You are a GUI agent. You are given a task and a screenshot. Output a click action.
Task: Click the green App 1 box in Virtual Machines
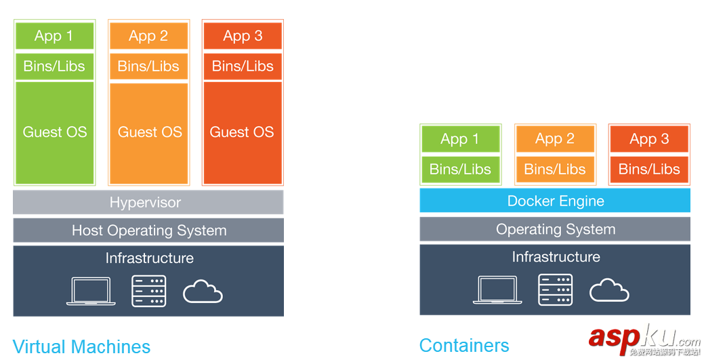tap(54, 36)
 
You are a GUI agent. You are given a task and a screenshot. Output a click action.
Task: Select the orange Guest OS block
tap(149, 133)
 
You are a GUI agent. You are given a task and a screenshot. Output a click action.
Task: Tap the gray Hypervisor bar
tap(148, 202)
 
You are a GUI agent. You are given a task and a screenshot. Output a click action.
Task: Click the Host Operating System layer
tap(148, 231)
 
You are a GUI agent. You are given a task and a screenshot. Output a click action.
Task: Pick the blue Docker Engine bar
tap(555, 201)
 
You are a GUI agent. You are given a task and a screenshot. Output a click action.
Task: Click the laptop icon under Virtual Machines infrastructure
tap(91, 292)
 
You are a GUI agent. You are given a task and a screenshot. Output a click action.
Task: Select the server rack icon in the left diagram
tap(149, 291)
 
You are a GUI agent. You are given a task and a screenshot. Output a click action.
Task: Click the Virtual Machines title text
tap(81, 346)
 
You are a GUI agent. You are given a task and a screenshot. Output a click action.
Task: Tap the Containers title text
tap(464, 345)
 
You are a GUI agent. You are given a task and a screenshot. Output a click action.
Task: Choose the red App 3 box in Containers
tap(649, 139)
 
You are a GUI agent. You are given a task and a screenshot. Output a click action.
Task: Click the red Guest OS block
tap(242, 133)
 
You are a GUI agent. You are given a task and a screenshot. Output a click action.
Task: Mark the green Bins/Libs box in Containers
tap(460, 169)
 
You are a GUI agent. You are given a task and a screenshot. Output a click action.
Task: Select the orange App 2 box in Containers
tap(555, 139)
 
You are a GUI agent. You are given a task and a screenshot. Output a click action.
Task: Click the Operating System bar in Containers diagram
tap(555, 229)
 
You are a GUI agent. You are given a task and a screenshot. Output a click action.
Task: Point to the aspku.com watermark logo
tap(644, 338)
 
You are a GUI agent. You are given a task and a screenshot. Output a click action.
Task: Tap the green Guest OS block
tap(54, 133)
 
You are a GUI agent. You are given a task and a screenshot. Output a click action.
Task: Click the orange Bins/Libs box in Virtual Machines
tap(148, 66)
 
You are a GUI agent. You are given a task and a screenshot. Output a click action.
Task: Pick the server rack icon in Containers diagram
tap(556, 290)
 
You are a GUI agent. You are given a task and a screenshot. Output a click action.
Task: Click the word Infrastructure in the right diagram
tap(556, 257)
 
